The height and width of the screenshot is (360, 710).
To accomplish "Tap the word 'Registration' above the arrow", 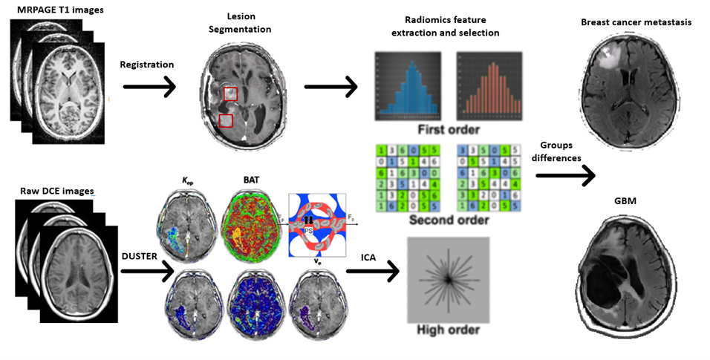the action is (146, 65).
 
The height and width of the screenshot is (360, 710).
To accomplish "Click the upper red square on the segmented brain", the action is (231, 94).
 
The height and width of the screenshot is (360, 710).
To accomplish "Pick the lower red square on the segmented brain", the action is (226, 120).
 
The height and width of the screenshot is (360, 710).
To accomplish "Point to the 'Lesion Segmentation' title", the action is (246, 22).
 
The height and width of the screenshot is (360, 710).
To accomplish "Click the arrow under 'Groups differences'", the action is (565, 176).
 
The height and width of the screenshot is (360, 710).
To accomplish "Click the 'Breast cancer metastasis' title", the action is (636, 23).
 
